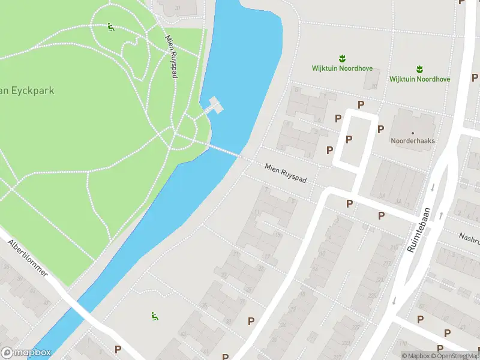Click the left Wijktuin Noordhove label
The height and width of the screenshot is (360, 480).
pos(342,68)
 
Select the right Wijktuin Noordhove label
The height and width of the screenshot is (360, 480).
pos(419,79)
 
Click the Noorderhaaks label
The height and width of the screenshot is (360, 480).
pos(412,141)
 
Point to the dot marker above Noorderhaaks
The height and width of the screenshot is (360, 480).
pos(412,132)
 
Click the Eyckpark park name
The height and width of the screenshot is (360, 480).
pos(27,91)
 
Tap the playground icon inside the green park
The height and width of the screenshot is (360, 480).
pos(110,27)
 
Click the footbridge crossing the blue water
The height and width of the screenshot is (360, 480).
pos(225,151)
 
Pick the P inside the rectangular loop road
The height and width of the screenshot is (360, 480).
pos(349,140)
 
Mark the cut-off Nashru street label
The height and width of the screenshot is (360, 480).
pos(469,237)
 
